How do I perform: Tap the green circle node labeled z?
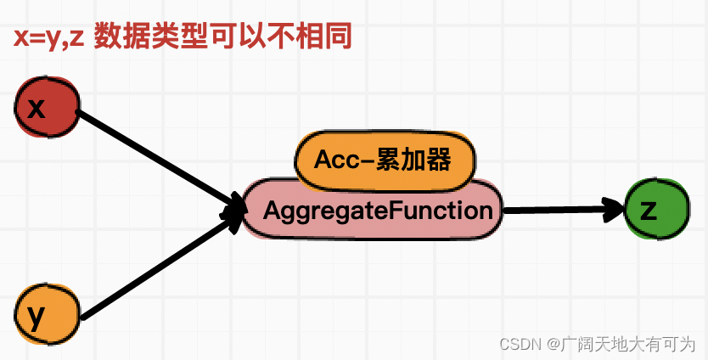[655, 210]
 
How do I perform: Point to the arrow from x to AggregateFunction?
[157, 157]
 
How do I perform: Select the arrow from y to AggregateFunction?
[157, 270]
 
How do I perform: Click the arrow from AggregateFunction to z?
[560, 209]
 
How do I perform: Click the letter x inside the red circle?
[36, 108]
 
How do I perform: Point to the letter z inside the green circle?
[649, 210]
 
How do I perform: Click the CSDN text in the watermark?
[520, 344]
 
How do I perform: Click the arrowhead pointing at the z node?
[614, 209]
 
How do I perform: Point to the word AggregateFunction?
[378, 211]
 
